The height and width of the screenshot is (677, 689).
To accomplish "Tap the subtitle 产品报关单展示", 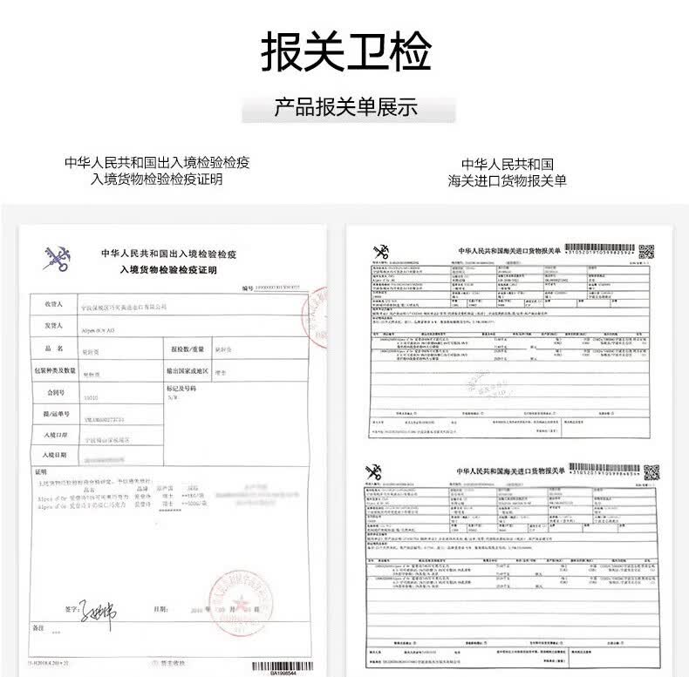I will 345,108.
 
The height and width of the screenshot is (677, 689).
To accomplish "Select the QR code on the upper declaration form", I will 646,252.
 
